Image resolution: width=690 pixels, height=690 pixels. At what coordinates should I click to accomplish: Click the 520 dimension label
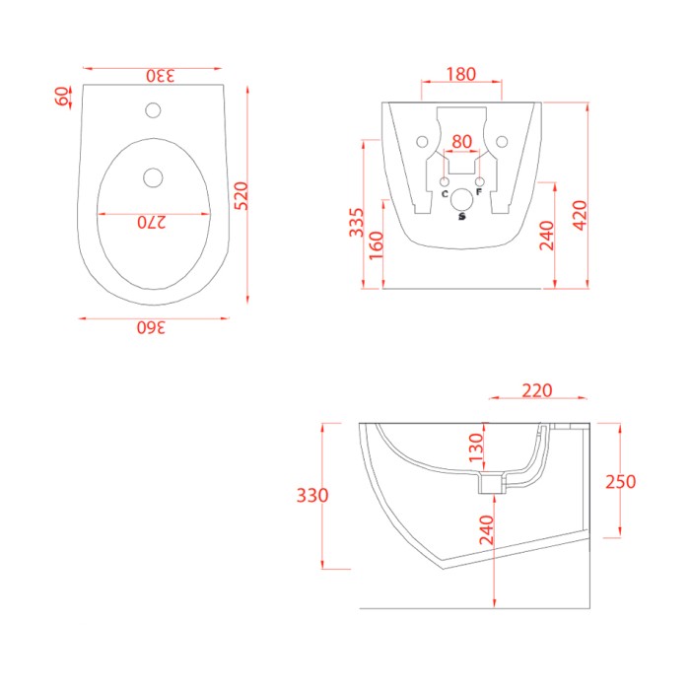(x=241, y=196)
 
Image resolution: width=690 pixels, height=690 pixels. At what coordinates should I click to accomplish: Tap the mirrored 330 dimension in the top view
(x=161, y=76)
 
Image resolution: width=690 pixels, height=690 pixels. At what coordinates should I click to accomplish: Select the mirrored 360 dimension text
(x=151, y=328)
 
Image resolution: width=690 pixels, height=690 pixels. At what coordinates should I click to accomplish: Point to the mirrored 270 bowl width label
(x=152, y=223)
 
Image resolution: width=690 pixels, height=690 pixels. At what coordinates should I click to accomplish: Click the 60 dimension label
(x=62, y=97)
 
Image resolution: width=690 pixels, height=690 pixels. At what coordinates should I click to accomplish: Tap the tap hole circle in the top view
(x=153, y=110)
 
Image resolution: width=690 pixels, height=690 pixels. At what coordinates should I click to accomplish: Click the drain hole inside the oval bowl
(x=153, y=177)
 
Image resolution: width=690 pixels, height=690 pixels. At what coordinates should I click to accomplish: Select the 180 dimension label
(x=460, y=74)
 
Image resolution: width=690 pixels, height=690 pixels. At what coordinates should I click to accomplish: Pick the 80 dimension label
(x=461, y=142)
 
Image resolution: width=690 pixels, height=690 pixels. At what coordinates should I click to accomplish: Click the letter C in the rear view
(x=445, y=193)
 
